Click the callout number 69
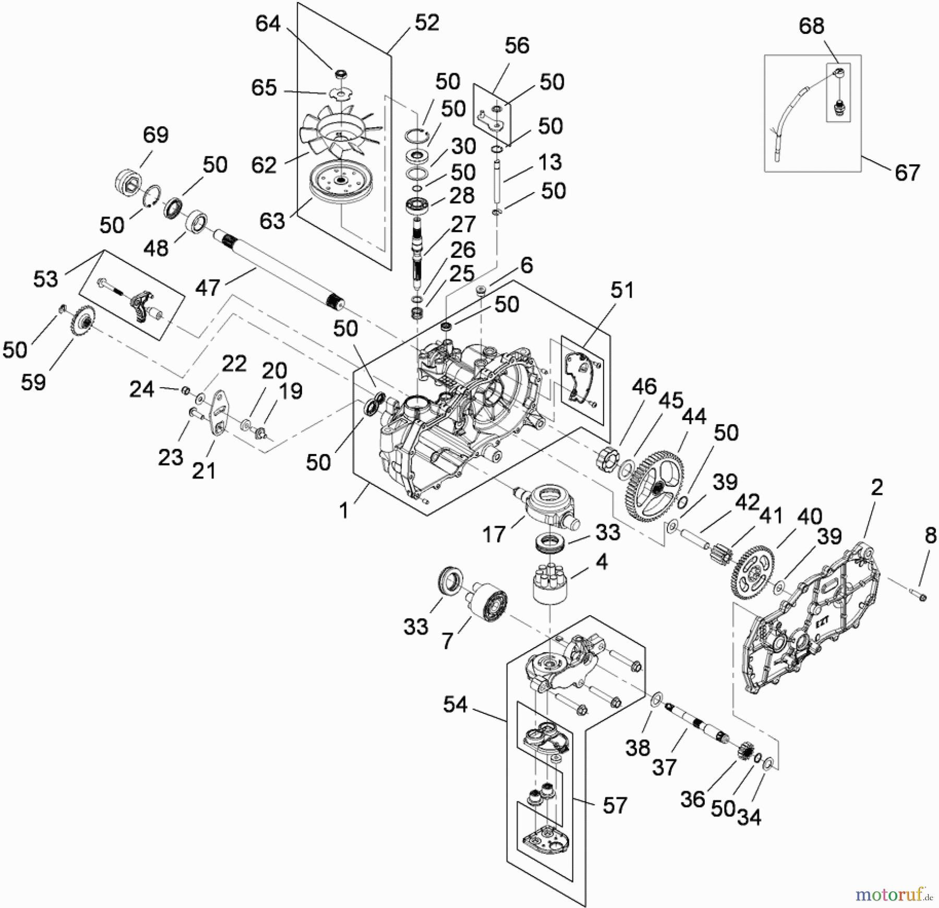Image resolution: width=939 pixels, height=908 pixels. coord(155,135)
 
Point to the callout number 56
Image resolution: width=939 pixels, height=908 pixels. coord(516,46)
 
